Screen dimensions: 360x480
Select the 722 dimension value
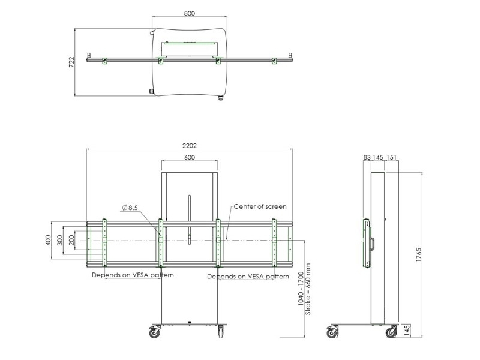[71, 62]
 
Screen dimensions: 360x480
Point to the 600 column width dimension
[189, 157]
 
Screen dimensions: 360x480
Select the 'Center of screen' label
[260, 206]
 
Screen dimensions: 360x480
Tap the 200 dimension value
[72, 240]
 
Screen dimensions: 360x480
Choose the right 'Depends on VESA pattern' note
[248, 277]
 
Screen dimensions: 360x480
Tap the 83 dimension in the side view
[367, 157]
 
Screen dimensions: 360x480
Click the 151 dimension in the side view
[392, 157]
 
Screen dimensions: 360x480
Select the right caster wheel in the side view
[391, 331]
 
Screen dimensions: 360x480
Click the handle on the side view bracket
[372, 244]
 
